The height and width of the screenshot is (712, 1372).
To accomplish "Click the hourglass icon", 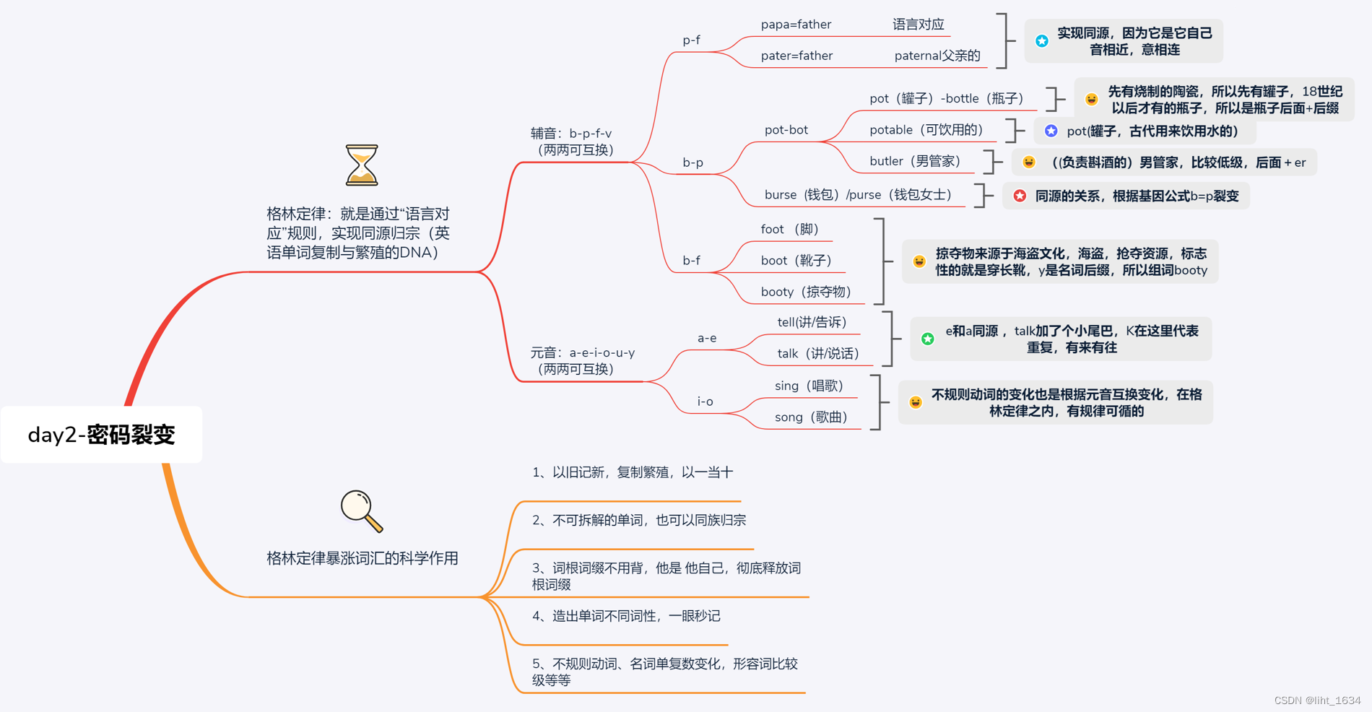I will click(x=361, y=165).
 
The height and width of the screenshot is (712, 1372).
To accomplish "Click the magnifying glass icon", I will click(x=361, y=511).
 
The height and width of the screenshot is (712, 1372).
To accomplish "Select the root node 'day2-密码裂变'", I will click(x=101, y=435).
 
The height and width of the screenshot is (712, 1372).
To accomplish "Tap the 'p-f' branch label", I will click(x=691, y=40).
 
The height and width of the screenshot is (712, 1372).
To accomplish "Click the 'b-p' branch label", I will click(x=692, y=162).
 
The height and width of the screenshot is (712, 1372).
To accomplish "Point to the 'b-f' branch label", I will click(x=691, y=261).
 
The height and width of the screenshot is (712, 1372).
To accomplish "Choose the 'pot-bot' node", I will click(x=786, y=130).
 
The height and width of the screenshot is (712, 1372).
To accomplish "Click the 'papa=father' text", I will click(x=796, y=25).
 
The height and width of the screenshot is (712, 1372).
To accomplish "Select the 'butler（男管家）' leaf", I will click(x=915, y=161).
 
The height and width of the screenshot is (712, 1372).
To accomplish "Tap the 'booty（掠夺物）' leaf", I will click(x=806, y=292).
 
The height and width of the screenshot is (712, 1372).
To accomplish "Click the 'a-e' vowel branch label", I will click(x=706, y=338).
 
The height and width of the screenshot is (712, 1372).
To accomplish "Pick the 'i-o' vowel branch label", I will click(x=705, y=401).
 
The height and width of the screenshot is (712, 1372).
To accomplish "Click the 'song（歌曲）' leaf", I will click(x=810, y=417).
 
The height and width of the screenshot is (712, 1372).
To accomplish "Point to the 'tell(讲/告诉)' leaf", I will click(x=812, y=322).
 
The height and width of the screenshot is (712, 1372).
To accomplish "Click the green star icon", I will click(x=928, y=339).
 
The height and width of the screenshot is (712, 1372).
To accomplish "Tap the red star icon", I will click(x=1020, y=196).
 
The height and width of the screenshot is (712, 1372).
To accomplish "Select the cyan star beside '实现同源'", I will click(x=1042, y=41).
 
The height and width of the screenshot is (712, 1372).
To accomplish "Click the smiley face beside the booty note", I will click(x=919, y=261).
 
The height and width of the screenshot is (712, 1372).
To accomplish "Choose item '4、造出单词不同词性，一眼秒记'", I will click(x=626, y=616).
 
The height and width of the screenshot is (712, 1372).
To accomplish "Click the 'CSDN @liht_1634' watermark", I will click(x=1317, y=700).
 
